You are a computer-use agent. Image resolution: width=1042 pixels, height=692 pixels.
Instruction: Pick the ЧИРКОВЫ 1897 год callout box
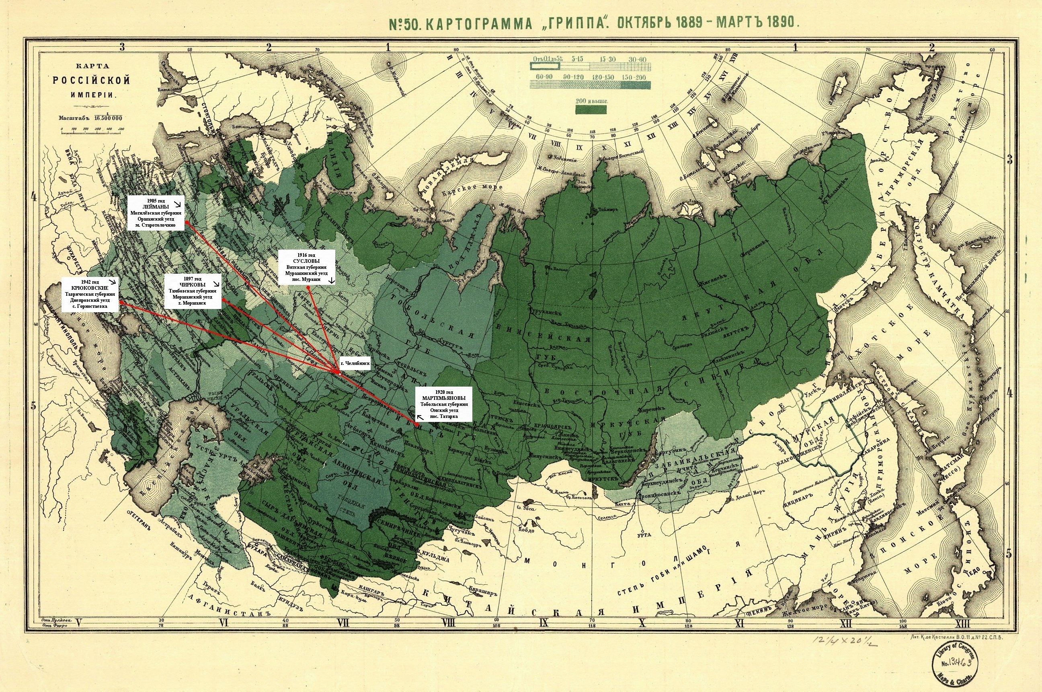[193, 292]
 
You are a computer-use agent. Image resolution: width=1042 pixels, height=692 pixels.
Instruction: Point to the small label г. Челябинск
[355, 363]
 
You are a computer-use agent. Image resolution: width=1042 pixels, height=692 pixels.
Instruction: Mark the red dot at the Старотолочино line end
[186, 223]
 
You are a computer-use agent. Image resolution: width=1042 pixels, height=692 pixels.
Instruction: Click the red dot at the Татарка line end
[417, 424]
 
